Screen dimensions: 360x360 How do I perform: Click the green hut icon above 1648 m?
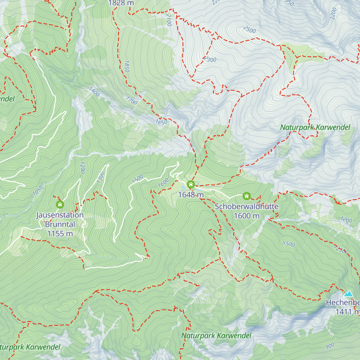(191, 184)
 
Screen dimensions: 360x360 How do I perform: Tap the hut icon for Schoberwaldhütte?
(247, 196)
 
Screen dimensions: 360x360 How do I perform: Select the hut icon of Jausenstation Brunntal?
(60, 205)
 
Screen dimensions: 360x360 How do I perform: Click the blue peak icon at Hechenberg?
(348, 293)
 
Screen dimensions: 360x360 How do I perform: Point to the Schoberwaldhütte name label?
(247, 207)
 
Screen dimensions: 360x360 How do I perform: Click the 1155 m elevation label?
(60, 234)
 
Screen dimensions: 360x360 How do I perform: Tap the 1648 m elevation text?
(191, 195)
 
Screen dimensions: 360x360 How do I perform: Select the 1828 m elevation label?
(121, 3)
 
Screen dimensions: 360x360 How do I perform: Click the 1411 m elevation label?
(347, 312)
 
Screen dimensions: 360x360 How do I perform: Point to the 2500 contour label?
(249, 30)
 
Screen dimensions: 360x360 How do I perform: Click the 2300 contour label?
(210, 59)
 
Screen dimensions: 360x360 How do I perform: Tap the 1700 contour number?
(131, 101)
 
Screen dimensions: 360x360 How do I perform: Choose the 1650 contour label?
(161, 122)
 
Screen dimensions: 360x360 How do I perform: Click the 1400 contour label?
(94, 92)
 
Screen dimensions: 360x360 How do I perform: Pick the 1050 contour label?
(38, 190)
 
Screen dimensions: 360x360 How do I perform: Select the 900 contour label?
(330, 346)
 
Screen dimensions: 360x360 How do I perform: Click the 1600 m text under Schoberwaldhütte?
(247, 216)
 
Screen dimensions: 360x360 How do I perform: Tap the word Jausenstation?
(60, 215)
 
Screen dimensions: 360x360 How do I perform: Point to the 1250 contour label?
(339, 249)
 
